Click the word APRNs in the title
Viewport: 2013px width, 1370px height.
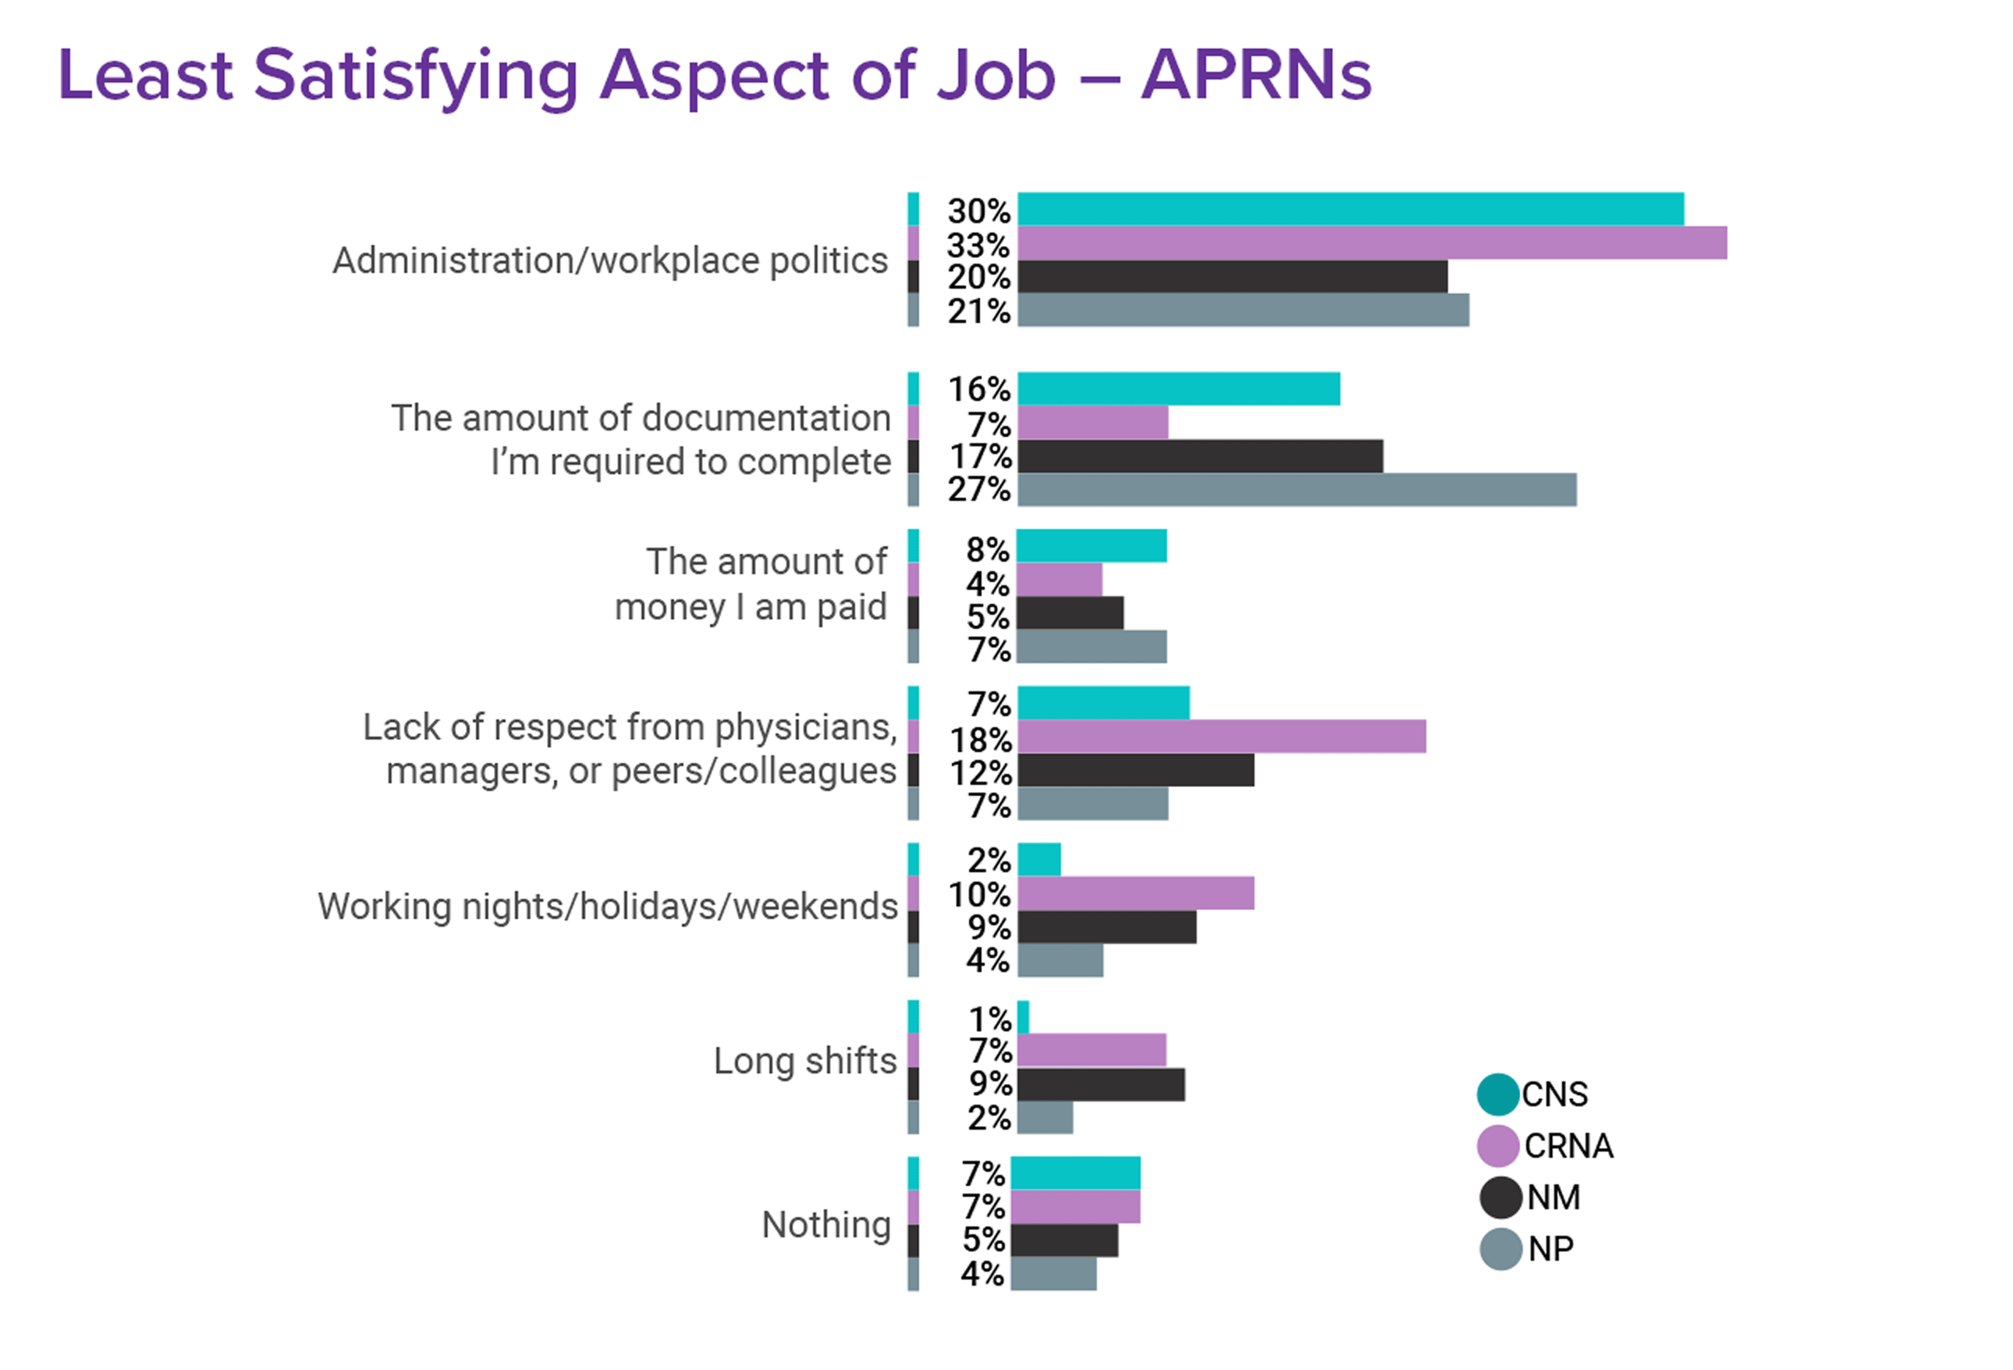coord(1255,76)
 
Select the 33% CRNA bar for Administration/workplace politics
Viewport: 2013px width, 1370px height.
coord(1371,243)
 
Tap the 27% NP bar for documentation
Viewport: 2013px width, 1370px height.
coord(1296,490)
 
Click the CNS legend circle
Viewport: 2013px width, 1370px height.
coord(1497,1095)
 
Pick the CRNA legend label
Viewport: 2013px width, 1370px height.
coord(1567,1147)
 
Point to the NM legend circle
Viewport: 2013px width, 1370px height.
coord(1500,1198)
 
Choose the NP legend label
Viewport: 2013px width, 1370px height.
coord(1550,1249)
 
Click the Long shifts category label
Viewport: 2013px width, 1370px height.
coord(804,1061)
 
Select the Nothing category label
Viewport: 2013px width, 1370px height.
coord(826,1225)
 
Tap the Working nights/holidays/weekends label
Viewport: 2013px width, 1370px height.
coord(607,907)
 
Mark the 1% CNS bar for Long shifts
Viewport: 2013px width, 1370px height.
coord(1023,1017)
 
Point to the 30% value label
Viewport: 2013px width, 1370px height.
coord(978,211)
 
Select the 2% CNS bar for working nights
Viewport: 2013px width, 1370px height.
coord(1038,860)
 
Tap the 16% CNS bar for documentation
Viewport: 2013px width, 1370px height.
coord(1178,389)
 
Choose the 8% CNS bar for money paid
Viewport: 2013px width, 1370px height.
coord(1092,546)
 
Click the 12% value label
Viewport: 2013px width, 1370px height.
coord(981,772)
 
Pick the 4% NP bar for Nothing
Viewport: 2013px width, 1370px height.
coord(1053,1274)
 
